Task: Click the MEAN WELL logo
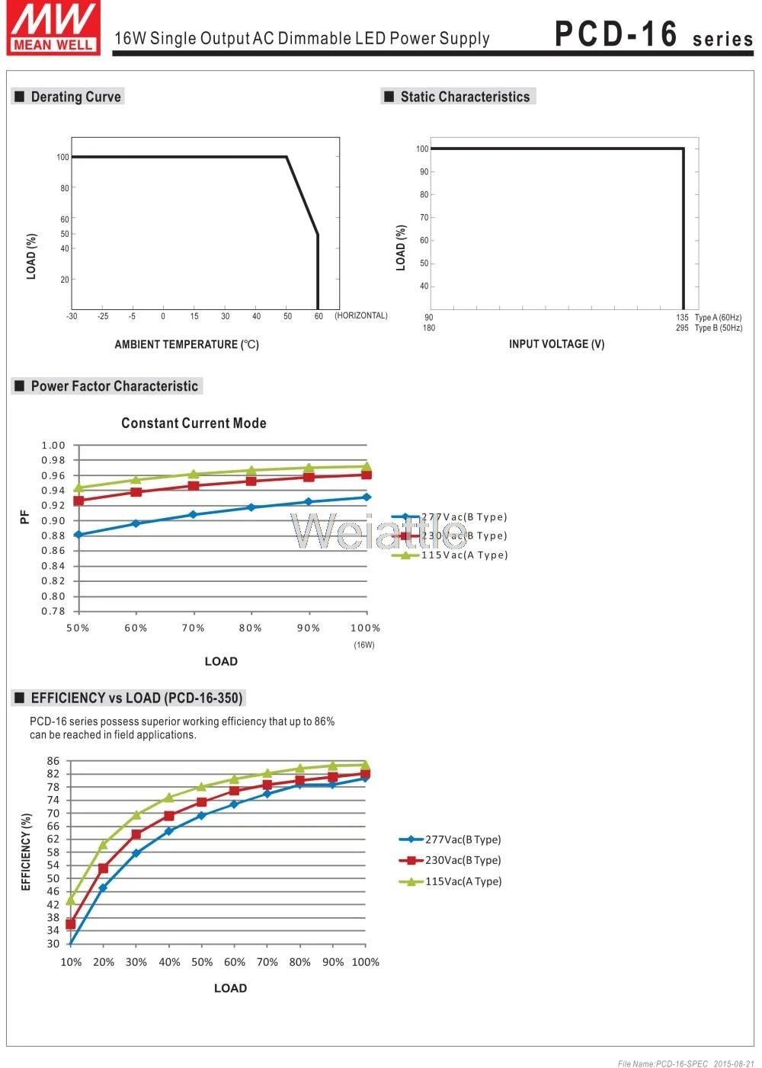53,27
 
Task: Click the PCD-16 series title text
653,34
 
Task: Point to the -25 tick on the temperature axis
103,316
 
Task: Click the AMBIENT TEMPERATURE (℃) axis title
187,344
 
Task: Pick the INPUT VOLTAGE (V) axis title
556,344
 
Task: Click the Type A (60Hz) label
718,317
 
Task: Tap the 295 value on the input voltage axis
682,328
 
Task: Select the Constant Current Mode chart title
194,423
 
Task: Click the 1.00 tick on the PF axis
53,446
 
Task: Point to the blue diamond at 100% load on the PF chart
367,497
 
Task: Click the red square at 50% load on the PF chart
78,500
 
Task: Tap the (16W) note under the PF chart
364,645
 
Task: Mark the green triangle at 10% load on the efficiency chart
71,900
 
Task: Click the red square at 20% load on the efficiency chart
103,868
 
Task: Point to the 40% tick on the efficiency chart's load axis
169,962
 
